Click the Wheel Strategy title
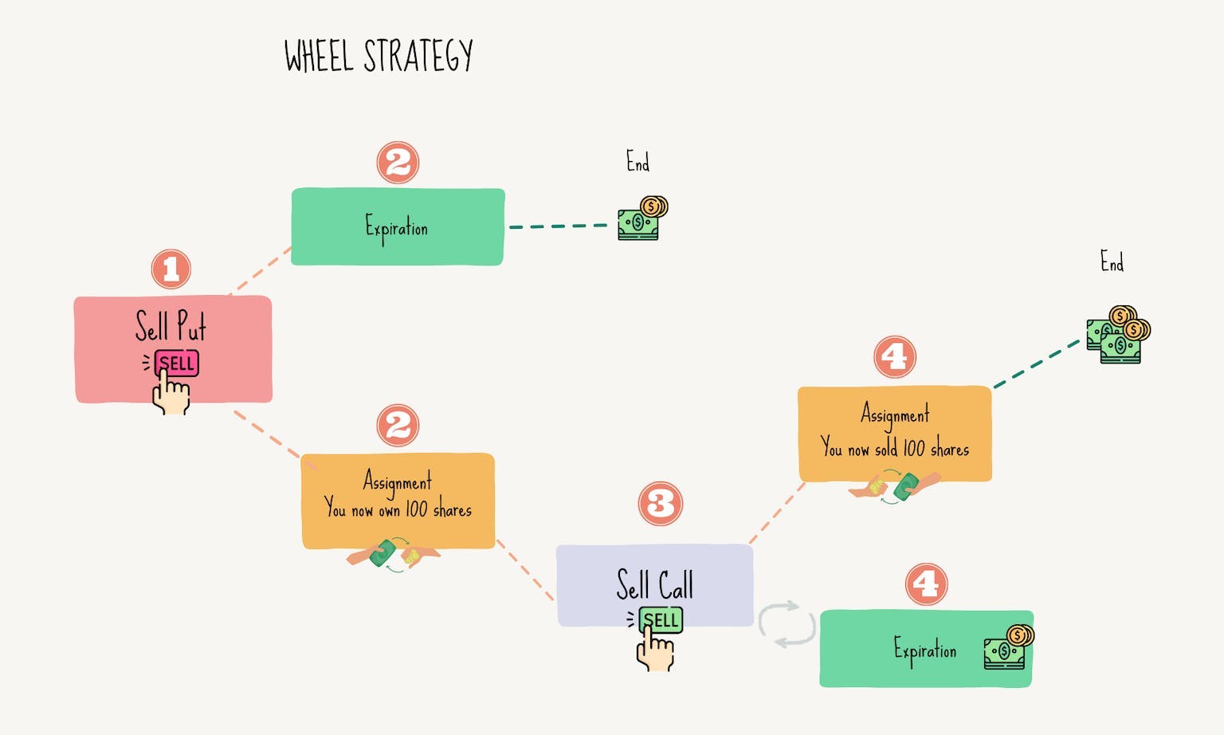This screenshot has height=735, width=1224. pyautogui.click(x=379, y=56)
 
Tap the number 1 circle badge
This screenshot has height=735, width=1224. pyautogui.click(x=171, y=269)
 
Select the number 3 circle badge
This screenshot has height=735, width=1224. pyautogui.click(x=661, y=504)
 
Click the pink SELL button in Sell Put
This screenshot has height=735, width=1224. pyautogui.click(x=177, y=364)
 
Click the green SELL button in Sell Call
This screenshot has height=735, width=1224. pyautogui.click(x=661, y=620)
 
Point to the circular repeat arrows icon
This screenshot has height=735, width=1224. pyautogui.click(x=786, y=624)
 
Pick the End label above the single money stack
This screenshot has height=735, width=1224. pyautogui.click(x=637, y=162)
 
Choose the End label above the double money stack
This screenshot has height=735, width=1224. pyautogui.click(x=1112, y=261)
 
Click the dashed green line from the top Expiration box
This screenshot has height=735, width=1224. pyautogui.click(x=558, y=226)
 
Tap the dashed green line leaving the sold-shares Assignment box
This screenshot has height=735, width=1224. pyautogui.click(x=1036, y=364)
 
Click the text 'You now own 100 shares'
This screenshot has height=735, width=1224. pyautogui.click(x=398, y=509)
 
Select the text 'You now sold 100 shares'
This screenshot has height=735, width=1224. pyautogui.click(x=895, y=448)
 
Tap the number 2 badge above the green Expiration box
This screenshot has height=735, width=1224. pyautogui.click(x=398, y=163)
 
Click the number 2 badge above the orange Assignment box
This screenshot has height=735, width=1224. pyautogui.click(x=398, y=425)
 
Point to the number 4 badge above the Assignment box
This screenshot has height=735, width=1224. pyautogui.click(x=895, y=356)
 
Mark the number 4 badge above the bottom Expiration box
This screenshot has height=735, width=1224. pyautogui.click(x=926, y=584)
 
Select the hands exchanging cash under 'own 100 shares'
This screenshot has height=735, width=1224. pyautogui.click(x=394, y=555)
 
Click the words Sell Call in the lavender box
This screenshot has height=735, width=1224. pyautogui.click(x=654, y=584)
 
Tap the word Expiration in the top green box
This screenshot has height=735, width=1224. pyautogui.click(x=397, y=227)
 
